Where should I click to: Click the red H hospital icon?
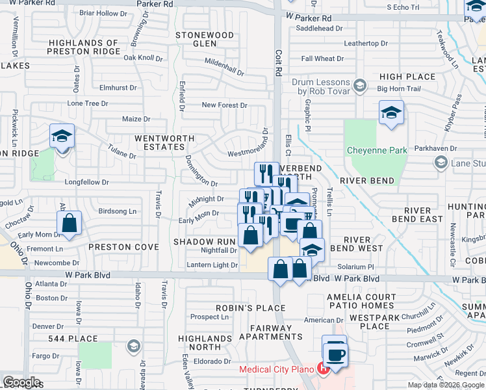click(323, 370)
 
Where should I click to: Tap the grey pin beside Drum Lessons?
click(359, 84)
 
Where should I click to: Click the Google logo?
click(21, 382)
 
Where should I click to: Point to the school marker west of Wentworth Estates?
click(62, 137)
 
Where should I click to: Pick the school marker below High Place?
click(392, 113)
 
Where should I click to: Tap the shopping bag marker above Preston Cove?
click(69, 225)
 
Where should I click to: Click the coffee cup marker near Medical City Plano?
click(336, 354)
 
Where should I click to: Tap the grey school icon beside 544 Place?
click(134, 345)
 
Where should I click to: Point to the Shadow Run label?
click(198, 241)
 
